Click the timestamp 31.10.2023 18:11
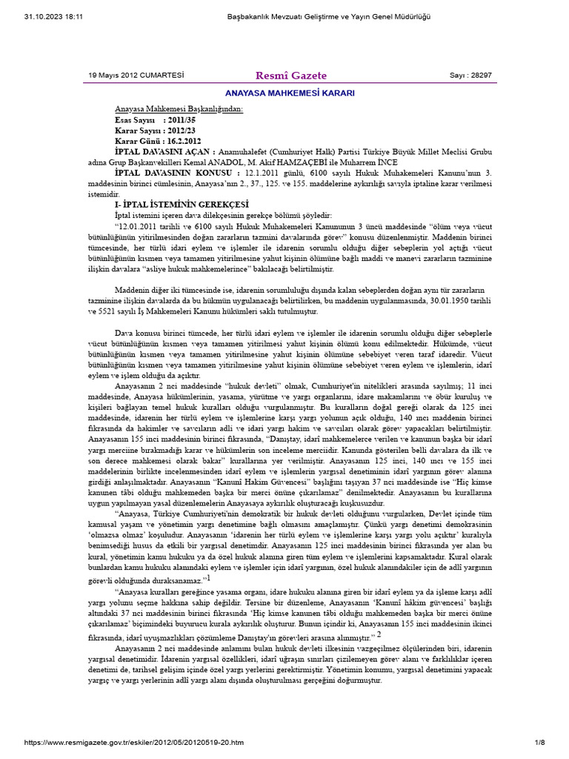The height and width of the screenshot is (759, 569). pos(43,16)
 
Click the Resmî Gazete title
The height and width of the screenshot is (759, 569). pos(290,76)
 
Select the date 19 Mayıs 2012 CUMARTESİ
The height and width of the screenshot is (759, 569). pos(136,76)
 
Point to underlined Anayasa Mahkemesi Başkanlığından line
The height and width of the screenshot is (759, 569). pos(179,109)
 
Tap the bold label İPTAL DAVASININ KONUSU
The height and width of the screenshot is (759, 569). pos(173,171)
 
